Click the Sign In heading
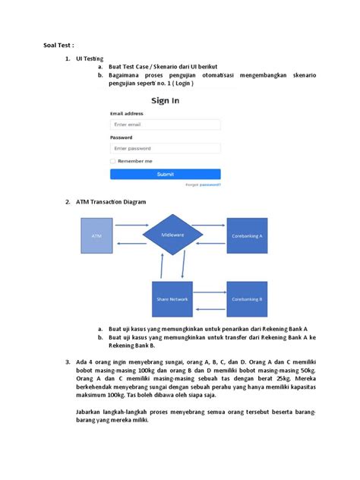pyautogui.click(x=166, y=100)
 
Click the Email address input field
pyautogui.click(x=165, y=124)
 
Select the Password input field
pyautogui.click(x=165, y=149)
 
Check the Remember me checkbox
pyautogui.click(x=113, y=161)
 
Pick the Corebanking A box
pyautogui.click(x=247, y=236)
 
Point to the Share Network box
pyautogui.click(x=173, y=299)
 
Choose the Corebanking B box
pyautogui.click(x=247, y=299)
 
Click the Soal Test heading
pyautogui.click(x=58, y=45)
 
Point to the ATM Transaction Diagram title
pyautogui.click(x=110, y=202)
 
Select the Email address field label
pyautogui.click(x=127, y=113)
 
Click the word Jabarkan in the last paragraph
pyautogui.click(x=92, y=411)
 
